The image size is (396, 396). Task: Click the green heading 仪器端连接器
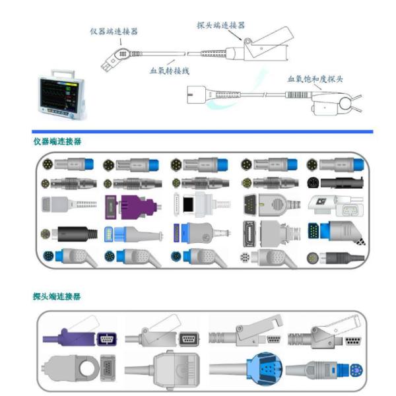58,141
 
